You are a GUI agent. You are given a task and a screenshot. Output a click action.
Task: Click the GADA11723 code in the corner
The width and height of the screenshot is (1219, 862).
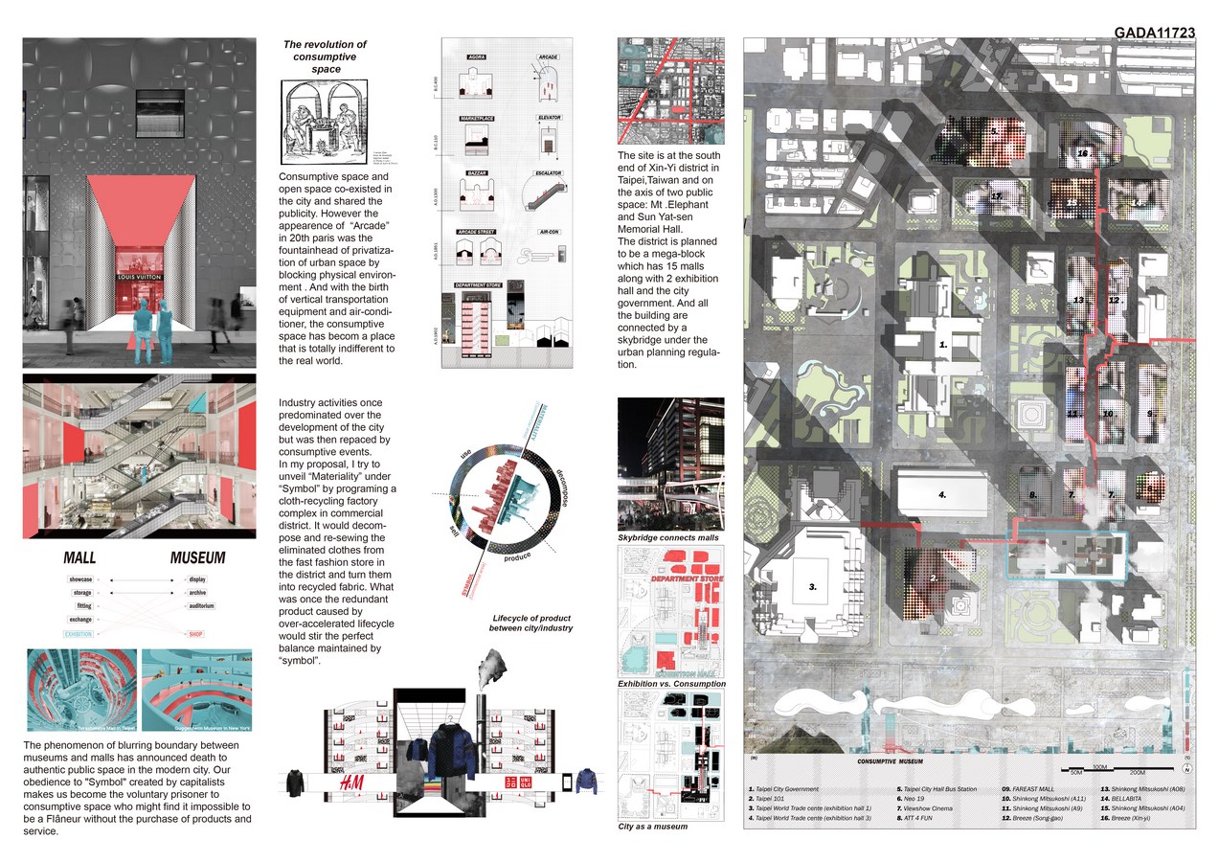pos(1154,33)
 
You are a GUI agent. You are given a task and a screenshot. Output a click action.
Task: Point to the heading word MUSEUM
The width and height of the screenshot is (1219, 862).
pos(198,557)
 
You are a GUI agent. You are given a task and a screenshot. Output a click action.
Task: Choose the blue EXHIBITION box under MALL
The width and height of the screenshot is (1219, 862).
pos(79,634)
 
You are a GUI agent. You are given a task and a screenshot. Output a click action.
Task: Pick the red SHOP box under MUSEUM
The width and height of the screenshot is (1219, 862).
pos(196,634)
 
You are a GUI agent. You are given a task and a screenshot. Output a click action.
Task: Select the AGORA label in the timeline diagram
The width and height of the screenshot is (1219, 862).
pos(476,57)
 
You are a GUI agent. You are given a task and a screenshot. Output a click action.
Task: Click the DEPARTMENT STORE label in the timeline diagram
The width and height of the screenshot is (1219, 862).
pos(482,285)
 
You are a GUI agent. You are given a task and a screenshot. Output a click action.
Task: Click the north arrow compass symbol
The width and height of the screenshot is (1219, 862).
pos(1186,768)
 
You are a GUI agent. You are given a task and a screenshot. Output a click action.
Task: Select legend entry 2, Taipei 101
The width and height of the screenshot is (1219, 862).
pos(765,798)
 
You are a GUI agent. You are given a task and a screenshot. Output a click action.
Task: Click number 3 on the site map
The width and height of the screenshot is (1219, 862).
pos(812,588)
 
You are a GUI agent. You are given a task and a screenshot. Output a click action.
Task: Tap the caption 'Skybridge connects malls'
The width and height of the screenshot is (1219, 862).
pos(667,538)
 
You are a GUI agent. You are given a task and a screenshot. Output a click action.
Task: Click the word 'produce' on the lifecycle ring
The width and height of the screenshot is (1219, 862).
pos(517,556)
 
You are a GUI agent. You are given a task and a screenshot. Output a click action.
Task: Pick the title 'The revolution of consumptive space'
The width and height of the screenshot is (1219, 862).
pos(326,57)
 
